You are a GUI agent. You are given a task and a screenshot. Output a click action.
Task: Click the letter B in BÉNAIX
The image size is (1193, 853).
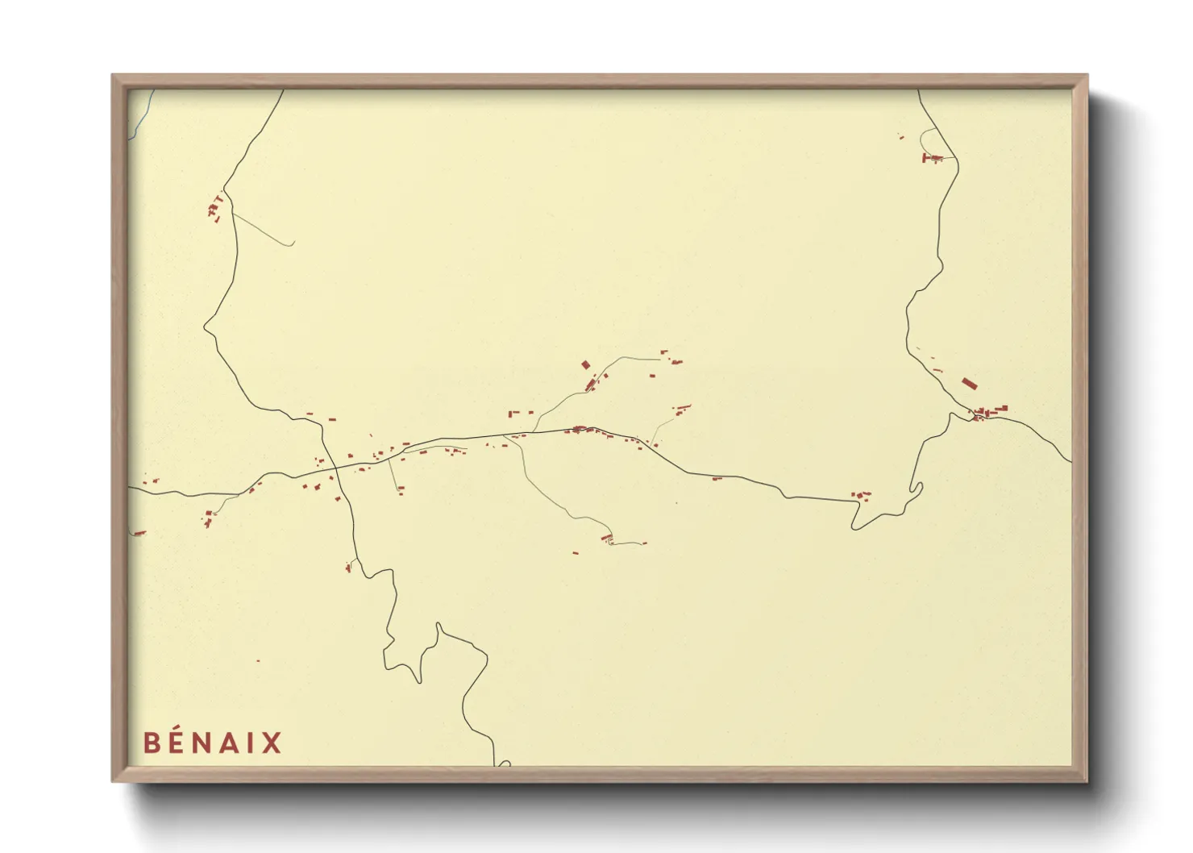[152, 743]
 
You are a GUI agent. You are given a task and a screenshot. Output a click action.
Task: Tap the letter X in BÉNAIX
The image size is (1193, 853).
[272, 743]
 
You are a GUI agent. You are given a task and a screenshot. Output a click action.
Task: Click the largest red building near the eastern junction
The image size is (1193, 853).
[968, 383]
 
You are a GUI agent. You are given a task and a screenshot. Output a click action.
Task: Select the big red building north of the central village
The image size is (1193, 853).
[586, 364]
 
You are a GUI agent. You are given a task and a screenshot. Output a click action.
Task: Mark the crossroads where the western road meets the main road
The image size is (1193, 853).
[335, 468]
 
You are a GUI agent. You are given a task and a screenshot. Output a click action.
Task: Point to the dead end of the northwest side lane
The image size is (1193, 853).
[292, 244]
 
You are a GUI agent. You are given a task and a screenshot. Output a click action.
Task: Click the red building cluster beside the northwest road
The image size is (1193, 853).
[215, 209]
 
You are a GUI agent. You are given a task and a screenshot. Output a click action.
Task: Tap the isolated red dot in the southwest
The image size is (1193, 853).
[258, 661]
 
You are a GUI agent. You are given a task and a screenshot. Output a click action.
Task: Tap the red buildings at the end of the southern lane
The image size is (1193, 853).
[607, 538]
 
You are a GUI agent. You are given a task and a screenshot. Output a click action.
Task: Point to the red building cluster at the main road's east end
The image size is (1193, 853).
[861, 495]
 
